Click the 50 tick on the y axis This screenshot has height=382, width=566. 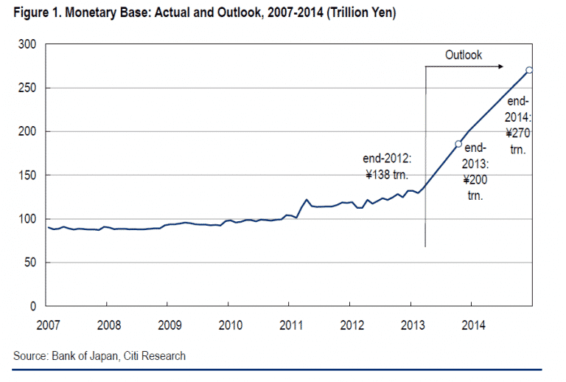31,263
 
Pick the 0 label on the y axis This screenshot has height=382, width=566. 34,306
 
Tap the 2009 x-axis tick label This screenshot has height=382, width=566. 168,325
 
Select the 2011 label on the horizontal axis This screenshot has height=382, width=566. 289,325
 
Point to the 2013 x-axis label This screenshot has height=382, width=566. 411,325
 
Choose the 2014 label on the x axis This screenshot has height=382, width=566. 472,325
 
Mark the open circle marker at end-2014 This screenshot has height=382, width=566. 530,70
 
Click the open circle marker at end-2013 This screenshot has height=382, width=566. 458,144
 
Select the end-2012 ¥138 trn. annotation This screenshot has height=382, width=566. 388,167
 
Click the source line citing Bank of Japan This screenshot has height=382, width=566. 99,356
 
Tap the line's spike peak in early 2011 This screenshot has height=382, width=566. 306,199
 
